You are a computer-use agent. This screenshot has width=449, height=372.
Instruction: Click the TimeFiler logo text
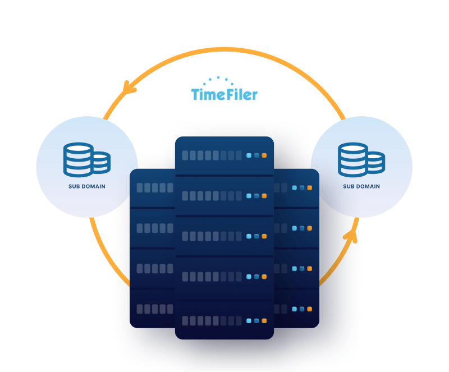click(x=224, y=94)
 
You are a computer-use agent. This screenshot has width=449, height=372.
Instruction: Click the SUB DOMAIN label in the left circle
click(x=87, y=186)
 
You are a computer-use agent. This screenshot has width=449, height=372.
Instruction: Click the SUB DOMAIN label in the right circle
click(x=361, y=186)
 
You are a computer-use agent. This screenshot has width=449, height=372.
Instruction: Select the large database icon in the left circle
click(x=78, y=159)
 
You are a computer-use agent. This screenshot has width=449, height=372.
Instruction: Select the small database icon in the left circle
click(x=101, y=162)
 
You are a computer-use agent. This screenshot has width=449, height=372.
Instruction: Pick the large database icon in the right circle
click(x=352, y=159)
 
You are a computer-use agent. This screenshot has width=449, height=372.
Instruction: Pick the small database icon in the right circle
click(x=375, y=162)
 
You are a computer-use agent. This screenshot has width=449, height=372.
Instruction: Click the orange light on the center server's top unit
click(x=264, y=155)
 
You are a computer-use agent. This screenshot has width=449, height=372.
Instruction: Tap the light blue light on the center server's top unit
click(x=249, y=155)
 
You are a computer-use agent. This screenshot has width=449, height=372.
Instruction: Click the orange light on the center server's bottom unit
click(x=264, y=321)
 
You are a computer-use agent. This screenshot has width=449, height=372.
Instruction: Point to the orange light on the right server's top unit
click(x=309, y=187)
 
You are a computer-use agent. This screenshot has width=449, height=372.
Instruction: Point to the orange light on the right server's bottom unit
click(x=309, y=309)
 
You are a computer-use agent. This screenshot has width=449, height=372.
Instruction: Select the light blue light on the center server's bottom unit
click(x=249, y=321)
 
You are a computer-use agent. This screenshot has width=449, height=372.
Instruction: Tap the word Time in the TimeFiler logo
click(x=207, y=94)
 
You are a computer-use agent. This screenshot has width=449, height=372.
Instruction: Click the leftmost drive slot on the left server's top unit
click(x=140, y=187)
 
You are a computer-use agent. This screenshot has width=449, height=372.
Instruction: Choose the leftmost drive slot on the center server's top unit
click(x=185, y=155)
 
